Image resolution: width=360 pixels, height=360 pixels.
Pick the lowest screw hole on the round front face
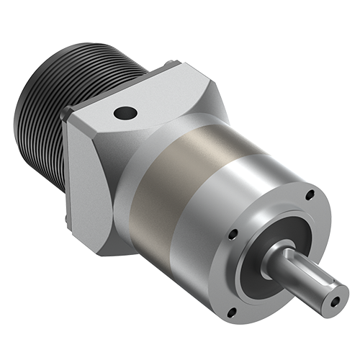point(233,311)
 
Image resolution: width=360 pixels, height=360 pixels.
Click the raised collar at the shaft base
point(277,248)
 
